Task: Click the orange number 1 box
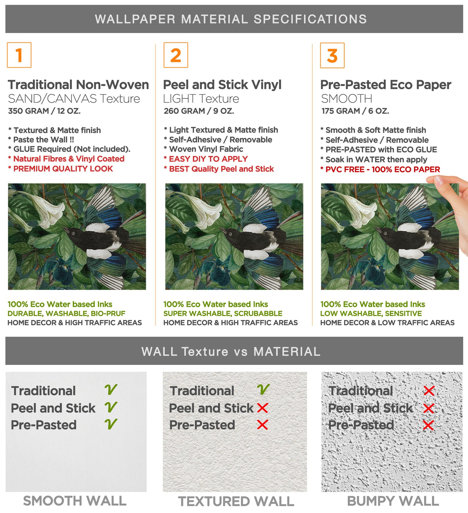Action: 19,55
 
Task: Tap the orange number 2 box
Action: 176,55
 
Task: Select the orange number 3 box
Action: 332,55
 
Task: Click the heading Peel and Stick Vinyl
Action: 222,85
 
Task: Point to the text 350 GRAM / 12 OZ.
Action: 44,111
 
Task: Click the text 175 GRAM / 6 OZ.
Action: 355,111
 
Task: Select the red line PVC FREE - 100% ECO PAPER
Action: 380,169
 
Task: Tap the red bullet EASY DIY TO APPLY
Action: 206,159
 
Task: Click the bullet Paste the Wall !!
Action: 41,140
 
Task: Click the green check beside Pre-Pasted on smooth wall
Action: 111,424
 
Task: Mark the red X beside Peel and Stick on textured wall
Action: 262,408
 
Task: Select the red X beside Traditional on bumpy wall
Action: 429,391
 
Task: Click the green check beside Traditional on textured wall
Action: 263,390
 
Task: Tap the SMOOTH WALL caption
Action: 75,501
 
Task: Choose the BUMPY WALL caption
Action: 393,501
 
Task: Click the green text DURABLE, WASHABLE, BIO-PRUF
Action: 66,313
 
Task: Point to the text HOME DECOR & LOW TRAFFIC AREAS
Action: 388,323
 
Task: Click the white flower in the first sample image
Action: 44,210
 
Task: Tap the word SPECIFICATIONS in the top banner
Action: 310,19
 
